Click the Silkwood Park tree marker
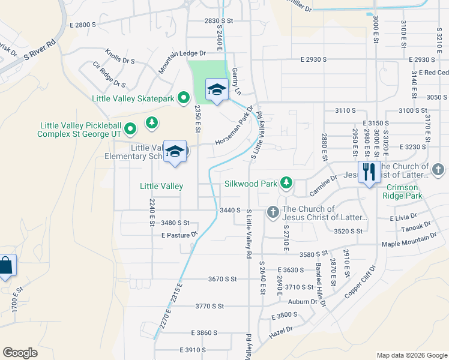point(286,182)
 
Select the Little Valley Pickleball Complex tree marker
point(152,123)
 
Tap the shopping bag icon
point(5,266)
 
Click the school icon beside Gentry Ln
point(216,89)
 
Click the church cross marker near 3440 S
point(273,211)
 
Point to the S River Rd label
point(40,51)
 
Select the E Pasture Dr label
point(179,235)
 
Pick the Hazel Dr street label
point(281,329)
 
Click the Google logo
point(20,352)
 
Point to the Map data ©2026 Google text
point(412,355)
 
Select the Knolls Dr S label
point(120,56)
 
